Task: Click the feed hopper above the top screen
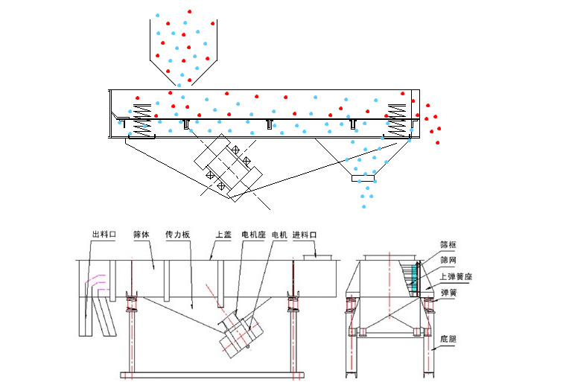point(179,45)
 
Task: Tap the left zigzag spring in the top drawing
point(141,109)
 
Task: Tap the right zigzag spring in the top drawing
point(398,111)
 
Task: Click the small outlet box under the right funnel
point(364,177)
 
